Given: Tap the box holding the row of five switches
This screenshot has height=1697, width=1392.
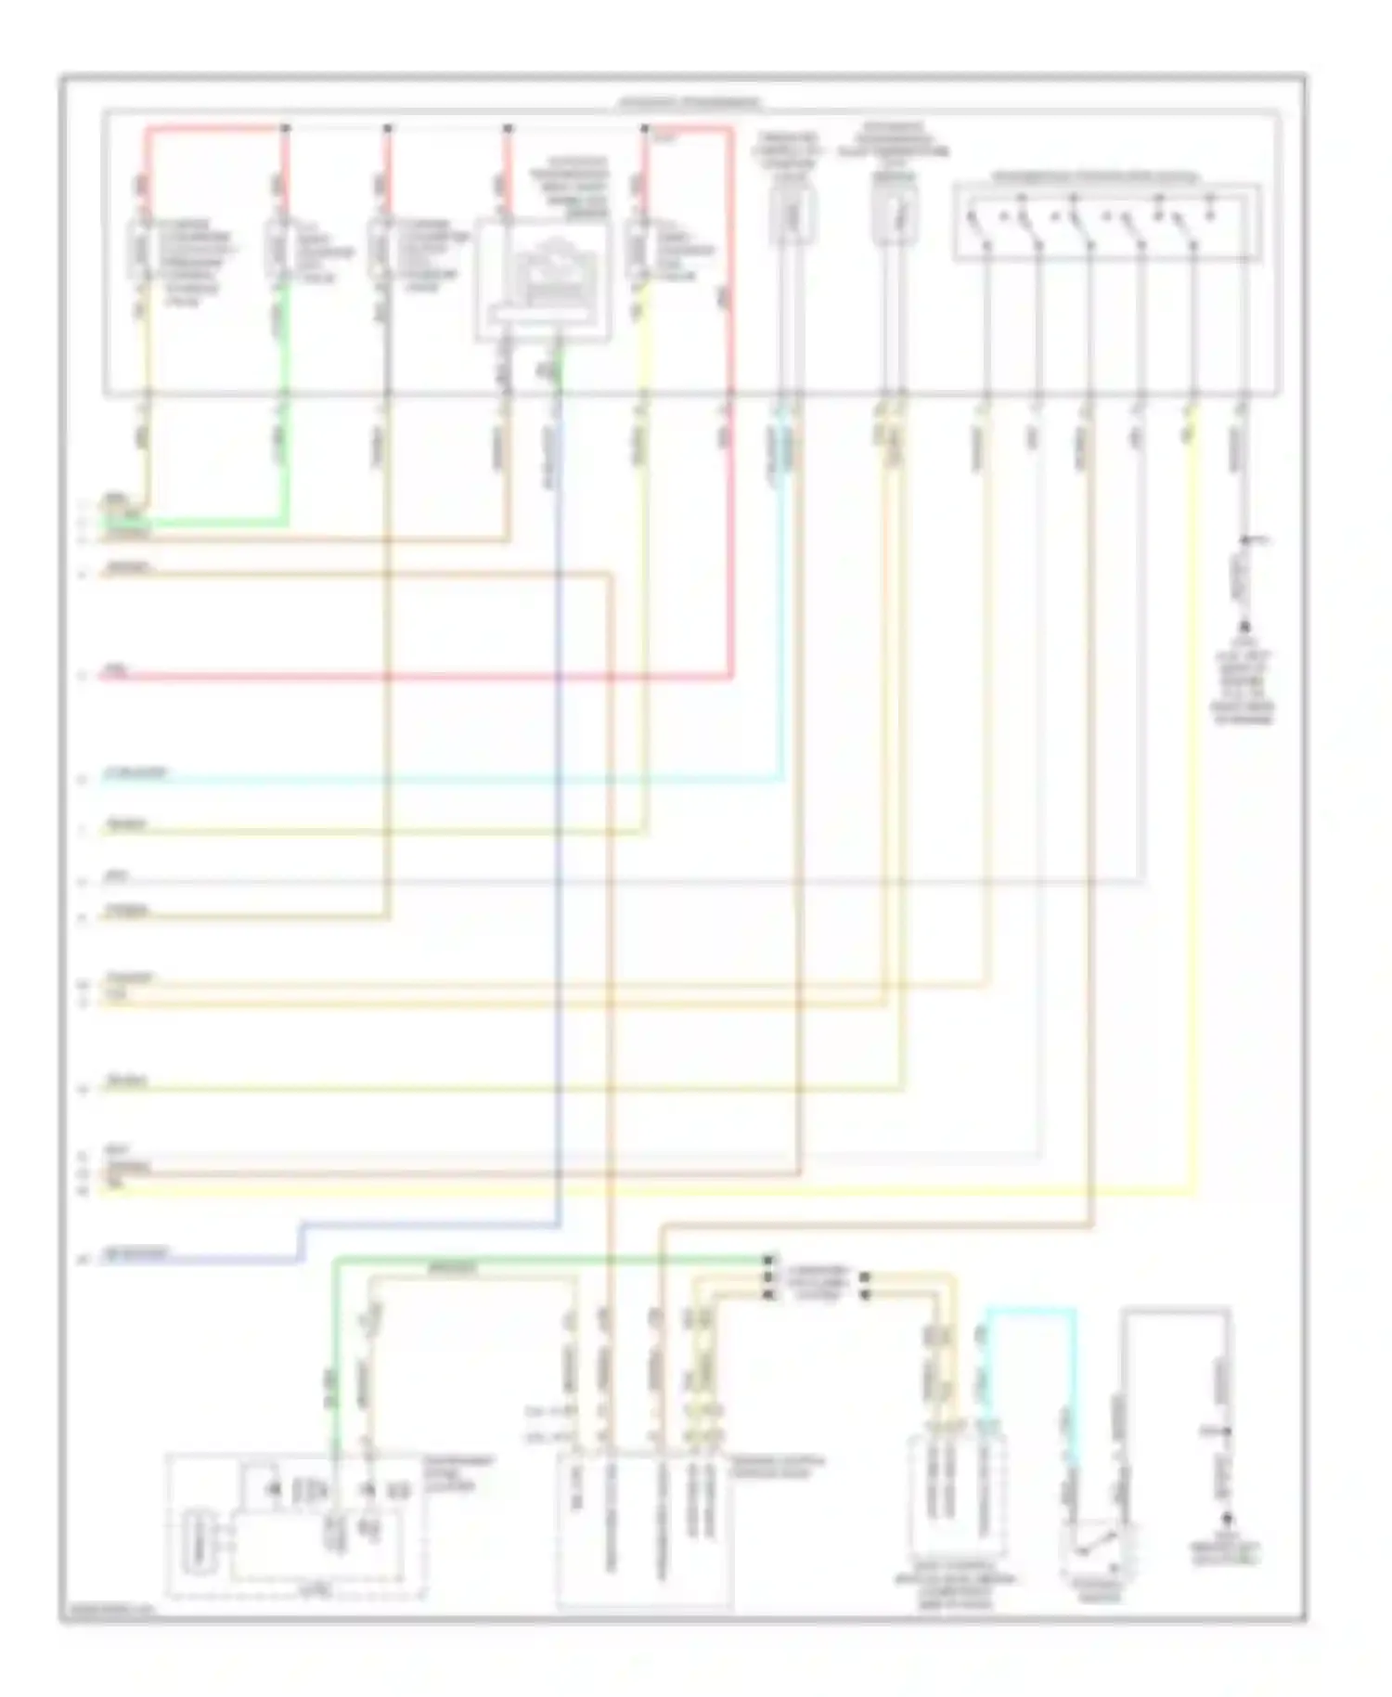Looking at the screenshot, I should [1106, 224].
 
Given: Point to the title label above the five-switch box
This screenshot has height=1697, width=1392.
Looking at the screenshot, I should [1095, 176].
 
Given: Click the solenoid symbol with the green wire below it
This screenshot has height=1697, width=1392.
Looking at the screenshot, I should [277, 249].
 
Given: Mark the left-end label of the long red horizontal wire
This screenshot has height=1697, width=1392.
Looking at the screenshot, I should [117, 669].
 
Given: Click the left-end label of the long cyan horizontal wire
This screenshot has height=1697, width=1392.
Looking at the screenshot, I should [135, 772].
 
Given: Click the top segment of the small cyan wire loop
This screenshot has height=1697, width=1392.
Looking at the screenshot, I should [1030, 1310].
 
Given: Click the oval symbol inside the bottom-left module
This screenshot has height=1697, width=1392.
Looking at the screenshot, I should [198, 1542].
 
